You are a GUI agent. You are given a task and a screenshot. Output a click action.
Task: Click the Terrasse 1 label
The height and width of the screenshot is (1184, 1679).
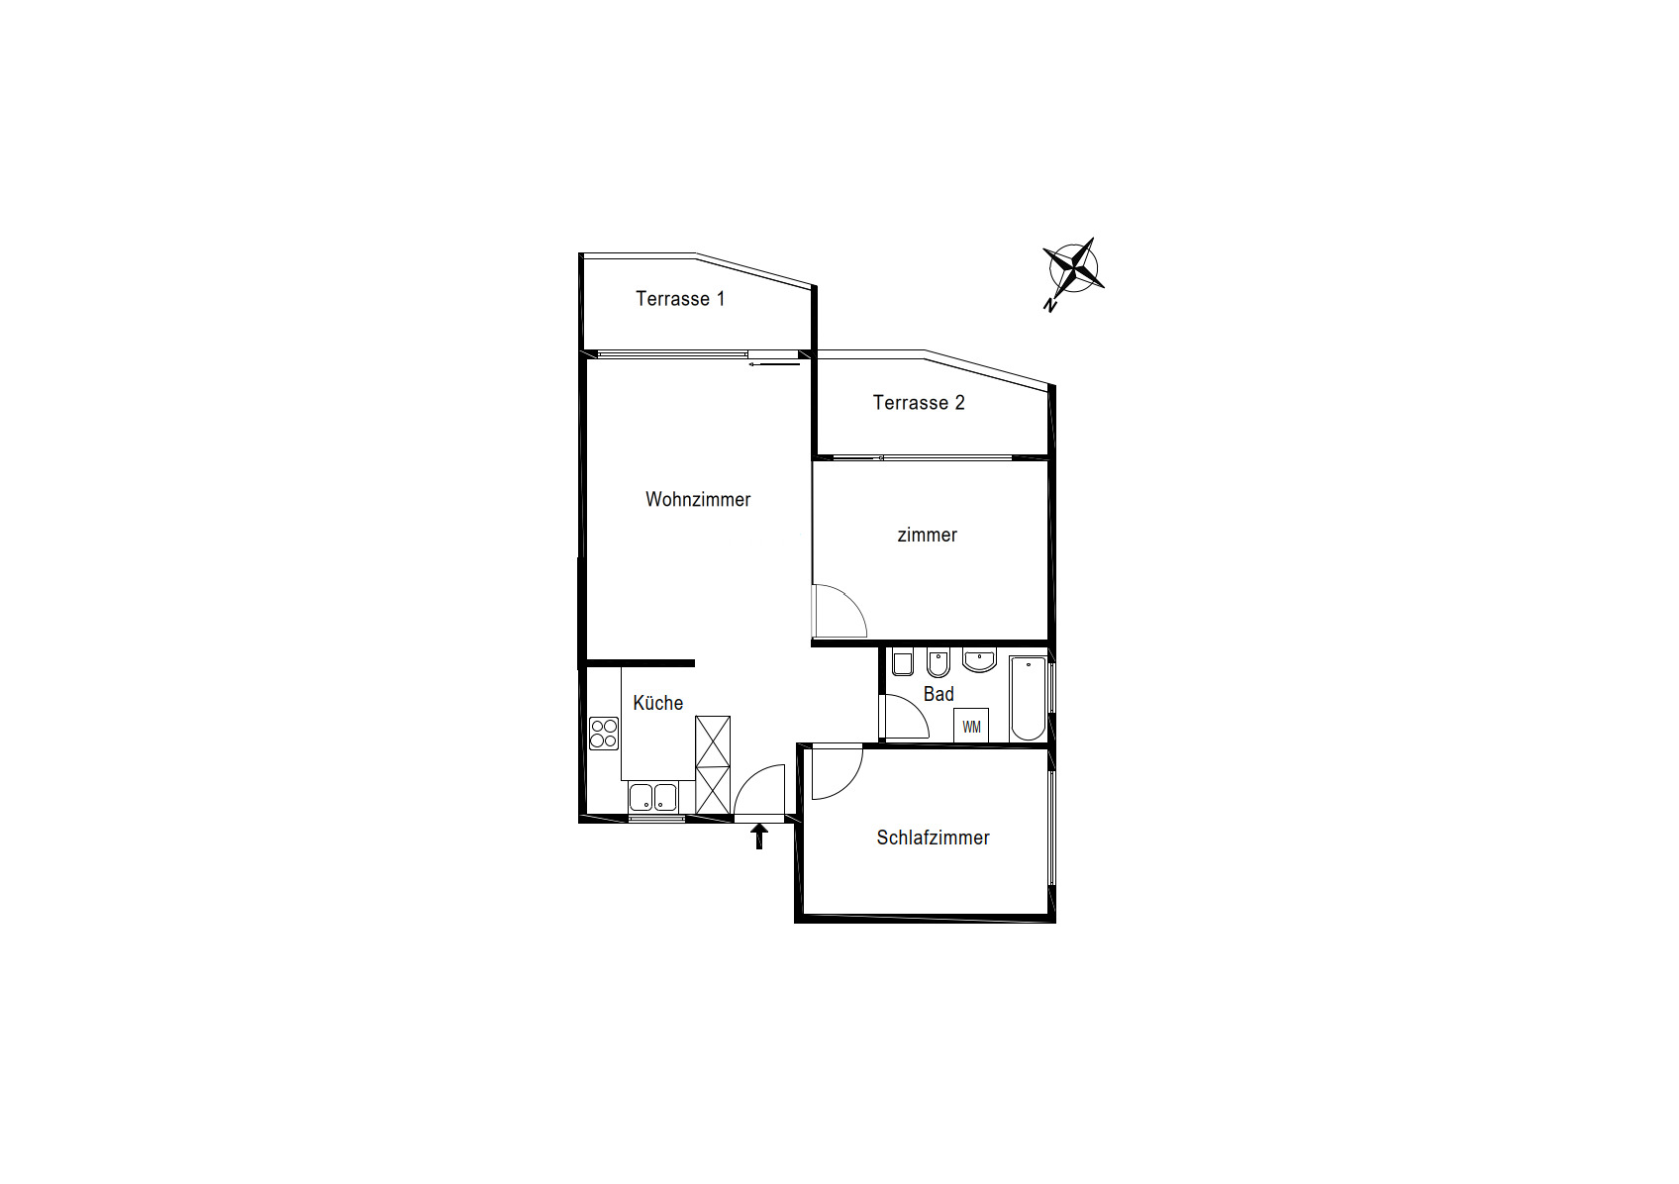(x=680, y=299)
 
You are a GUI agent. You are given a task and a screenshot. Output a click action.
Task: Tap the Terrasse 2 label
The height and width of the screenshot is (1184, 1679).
(x=918, y=403)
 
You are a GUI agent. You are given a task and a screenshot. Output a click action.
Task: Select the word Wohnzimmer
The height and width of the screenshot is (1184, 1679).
(x=698, y=500)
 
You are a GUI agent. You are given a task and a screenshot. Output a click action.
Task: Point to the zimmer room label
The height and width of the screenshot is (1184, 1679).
(x=927, y=536)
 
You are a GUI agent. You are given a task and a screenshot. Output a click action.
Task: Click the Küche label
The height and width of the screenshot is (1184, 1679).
(x=657, y=703)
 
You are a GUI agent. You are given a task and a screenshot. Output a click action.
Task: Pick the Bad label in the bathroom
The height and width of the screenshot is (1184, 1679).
(x=938, y=694)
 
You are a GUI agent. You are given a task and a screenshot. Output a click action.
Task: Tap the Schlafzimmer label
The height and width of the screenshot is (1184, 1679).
(x=933, y=838)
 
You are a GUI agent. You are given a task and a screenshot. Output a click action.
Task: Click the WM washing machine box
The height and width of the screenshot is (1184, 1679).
(x=971, y=727)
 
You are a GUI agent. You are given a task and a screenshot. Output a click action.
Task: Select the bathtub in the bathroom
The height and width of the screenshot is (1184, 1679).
(x=1028, y=698)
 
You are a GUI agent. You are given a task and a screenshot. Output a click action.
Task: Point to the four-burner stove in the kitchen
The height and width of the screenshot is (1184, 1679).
(x=604, y=734)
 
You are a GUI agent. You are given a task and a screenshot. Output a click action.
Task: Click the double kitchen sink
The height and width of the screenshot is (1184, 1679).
(x=653, y=797)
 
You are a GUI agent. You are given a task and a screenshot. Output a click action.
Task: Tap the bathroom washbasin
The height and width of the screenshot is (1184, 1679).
(x=980, y=660)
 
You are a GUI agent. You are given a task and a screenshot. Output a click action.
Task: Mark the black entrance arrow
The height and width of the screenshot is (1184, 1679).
(x=759, y=837)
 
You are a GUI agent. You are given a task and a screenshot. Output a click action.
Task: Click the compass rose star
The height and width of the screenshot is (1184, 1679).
(x=1073, y=267)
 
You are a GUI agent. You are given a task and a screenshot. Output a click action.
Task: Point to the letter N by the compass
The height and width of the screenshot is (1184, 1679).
(x=1049, y=306)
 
